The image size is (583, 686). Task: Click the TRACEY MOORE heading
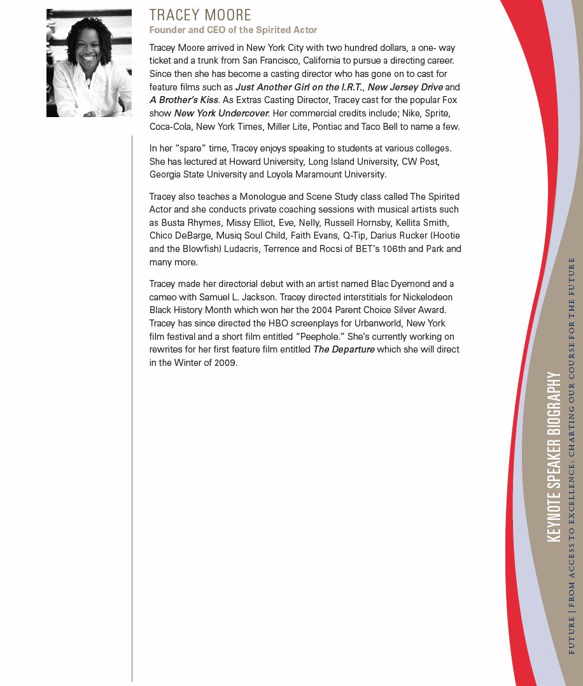pos(200,15)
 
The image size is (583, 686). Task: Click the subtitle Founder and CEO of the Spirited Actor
pos(233,30)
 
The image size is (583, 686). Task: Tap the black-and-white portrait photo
pos(89,63)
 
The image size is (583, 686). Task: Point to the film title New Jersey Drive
pos(405,87)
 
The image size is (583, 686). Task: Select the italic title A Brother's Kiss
pos(184,100)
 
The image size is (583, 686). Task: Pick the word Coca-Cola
pos(170,127)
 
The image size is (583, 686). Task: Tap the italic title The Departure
pos(344,350)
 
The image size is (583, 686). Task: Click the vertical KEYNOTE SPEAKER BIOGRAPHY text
pos(554,457)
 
